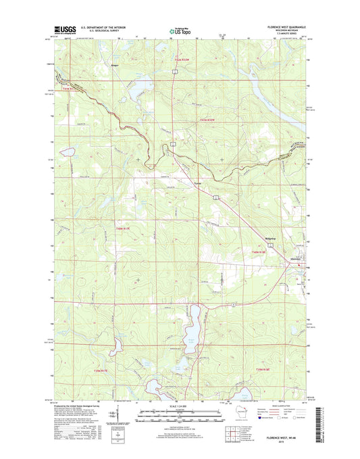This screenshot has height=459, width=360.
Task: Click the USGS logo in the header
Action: point(66,30)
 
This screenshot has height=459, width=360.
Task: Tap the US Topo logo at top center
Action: point(180,30)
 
